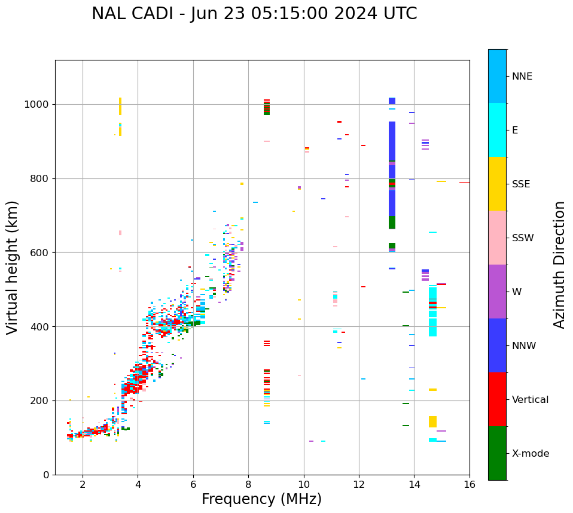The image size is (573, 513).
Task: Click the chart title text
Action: coord(254,14)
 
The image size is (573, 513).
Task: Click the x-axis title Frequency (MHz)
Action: coord(261,499)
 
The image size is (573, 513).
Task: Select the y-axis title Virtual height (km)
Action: coord(13,267)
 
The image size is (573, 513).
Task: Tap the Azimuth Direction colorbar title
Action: coord(559,265)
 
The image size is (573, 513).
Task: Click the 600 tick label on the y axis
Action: coord(42,253)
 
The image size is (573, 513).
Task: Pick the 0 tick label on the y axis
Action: coord(46,475)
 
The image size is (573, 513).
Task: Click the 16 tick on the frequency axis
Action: coord(470,484)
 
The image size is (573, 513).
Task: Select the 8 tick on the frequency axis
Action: coord(248,484)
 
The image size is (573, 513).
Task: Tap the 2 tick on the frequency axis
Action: coord(83,484)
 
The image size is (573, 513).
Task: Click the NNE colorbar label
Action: coord(522,77)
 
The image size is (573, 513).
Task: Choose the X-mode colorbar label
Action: coord(531,454)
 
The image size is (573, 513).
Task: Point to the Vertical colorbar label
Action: coord(530,400)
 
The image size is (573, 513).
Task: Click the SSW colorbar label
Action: coord(523,238)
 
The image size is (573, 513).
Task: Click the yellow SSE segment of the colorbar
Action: coord(497,184)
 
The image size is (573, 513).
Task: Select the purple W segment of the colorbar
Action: coord(497,292)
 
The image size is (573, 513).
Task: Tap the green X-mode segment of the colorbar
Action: coord(497,453)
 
